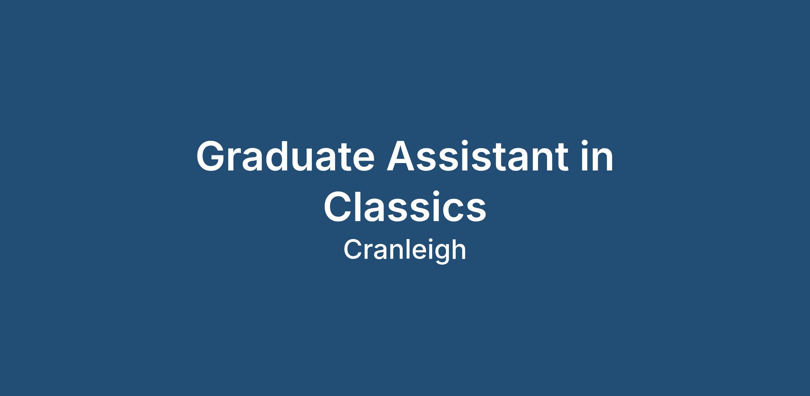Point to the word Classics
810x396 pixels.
click(405, 206)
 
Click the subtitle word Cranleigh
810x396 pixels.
click(405, 250)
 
